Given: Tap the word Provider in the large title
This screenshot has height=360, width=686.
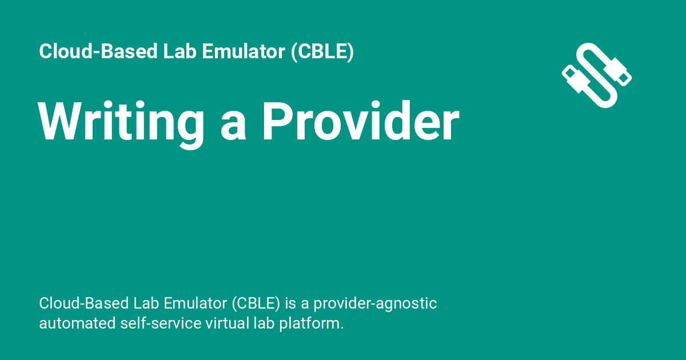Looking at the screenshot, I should click(x=361, y=122).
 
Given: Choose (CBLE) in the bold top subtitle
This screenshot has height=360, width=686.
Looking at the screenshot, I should click(x=322, y=52).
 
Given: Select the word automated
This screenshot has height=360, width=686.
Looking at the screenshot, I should click(x=77, y=323).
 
